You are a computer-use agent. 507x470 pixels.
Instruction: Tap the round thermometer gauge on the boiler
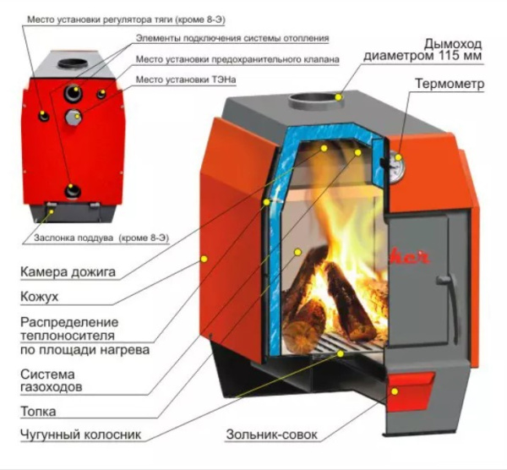[x=395, y=165]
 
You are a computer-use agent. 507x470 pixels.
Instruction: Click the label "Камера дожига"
[x=67, y=272]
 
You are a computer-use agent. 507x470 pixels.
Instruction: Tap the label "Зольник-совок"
[x=272, y=435]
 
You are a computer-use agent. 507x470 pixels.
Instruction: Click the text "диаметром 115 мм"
[x=423, y=56]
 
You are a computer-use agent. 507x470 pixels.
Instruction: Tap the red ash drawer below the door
[x=412, y=385]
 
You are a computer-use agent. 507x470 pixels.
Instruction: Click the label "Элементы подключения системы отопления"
[x=232, y=38]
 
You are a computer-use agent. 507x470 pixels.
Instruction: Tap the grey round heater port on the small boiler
[x=76, y=116]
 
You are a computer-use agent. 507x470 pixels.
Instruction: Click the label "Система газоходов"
[x=50, y=380]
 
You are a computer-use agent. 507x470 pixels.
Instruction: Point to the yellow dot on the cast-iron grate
[x=341, y=353]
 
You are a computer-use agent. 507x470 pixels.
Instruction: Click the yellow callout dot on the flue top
[x=338, y=97]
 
